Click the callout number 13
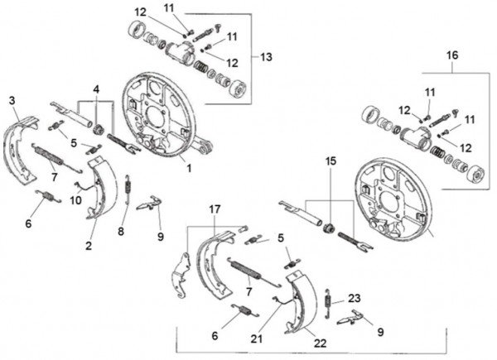tap(266, 57)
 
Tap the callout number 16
tap(452, 55)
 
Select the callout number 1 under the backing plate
tap(189, 168)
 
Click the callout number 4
tap(96, 89)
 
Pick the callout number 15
tap(331, 161)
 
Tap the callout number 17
tap(215, 209)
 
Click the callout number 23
tap(355, 298)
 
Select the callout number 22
tap(320, 343)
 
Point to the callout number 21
tap(257, 338)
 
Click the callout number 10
tap(75, 200)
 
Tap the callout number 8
tap(121, 232)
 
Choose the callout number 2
tap(89, 246)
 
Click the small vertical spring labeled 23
tap(328, 304)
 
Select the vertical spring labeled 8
tap(128, 189)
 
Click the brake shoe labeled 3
tap(21, 149)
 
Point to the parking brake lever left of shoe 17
tap(182, 275)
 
